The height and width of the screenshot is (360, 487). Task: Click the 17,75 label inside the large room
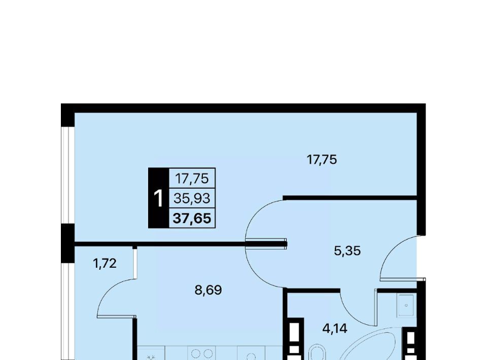[322, 160]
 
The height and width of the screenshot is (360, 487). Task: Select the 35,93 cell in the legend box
[192, 198]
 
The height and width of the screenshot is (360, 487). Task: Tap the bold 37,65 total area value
[192, 218]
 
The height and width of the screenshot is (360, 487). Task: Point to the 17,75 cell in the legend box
[192, 179]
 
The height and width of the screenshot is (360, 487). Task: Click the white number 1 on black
[158, 199]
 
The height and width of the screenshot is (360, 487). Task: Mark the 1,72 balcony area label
[105, 264]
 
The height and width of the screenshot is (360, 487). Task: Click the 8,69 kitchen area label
[208, 291]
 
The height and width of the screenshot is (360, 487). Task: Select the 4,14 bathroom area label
[335, 329]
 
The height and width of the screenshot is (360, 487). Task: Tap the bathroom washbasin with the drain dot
[406, 306]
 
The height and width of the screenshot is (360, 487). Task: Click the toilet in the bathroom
[317, 352]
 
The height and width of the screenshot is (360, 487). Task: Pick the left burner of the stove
[196, 354]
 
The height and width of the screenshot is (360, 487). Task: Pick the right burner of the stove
[208, 354]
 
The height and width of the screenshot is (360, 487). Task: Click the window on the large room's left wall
[67, 175]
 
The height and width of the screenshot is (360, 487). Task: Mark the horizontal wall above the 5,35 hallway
[350, 198]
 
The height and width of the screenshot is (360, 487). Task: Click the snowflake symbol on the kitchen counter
[151, 357]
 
